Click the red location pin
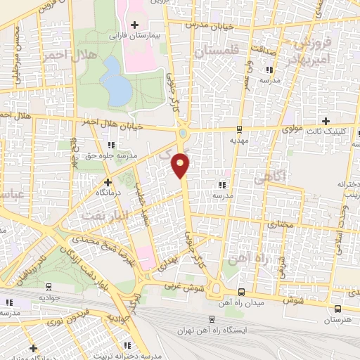(181, 165)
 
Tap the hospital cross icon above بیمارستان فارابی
(134, 25)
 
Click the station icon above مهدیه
(240, 129)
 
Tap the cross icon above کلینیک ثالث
(325, 120)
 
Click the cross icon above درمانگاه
(107, 181)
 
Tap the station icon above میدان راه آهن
(241, 292)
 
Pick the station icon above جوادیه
(49, 287)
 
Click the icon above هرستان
(339, 308)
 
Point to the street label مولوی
(290, 130)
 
